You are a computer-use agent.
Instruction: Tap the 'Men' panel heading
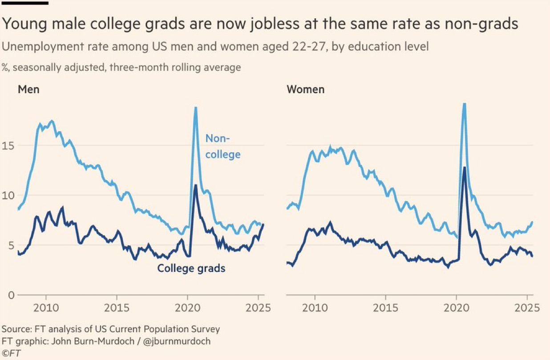[x=28, y=89]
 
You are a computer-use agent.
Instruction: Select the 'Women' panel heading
[x=305, y=89]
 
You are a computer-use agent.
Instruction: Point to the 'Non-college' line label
[x=222, y=146]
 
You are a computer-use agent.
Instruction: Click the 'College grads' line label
[x=191, y=268]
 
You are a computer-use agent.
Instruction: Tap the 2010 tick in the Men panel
[x=46, y=307]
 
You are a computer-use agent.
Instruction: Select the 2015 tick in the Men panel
[x=117, y=307]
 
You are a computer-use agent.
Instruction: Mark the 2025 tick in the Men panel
[x=258, y=307]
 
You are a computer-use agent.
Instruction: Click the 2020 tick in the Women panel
[x=456, y=307]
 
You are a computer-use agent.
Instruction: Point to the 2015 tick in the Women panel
[x=385, y=307]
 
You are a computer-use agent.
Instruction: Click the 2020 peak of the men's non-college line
[x=195, y=108]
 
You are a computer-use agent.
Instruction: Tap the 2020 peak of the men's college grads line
[x=195, y=185]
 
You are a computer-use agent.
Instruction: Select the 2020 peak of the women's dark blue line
[x=464, y=167]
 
